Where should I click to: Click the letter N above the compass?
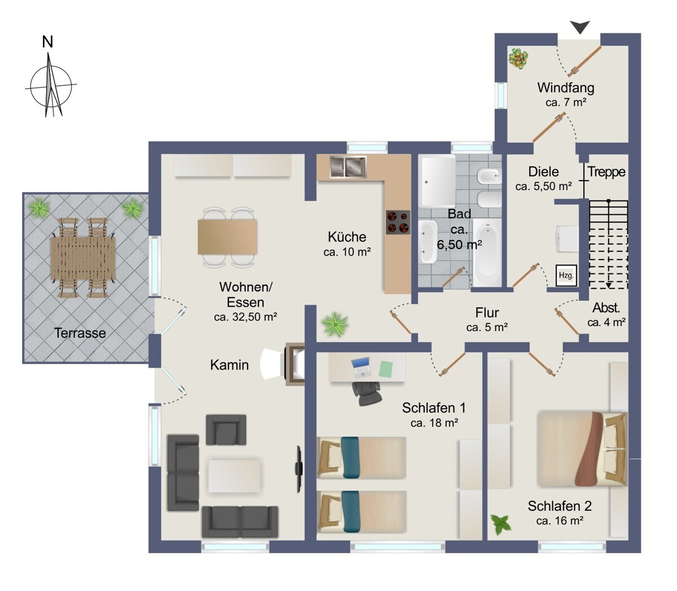point(47,42)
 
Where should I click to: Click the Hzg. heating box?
point(566,275)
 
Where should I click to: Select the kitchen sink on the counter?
point(348,167)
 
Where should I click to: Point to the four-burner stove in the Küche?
point(398,222)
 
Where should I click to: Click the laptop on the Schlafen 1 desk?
point(361,368)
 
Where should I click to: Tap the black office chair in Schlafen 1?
point(367,393)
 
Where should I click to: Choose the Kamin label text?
point(229,365)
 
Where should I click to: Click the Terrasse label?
point(80,333)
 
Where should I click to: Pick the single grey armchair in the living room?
point(226,430)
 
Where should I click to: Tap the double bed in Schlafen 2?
point(582,449)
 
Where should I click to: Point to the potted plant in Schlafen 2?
point(501,524)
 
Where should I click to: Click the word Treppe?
point(606,172)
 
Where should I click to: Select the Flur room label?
point(487,312)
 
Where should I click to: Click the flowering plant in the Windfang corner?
point(518,59)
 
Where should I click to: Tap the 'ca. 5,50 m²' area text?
point(544,186)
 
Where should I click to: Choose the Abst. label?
point(606,308)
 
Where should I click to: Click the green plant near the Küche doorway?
point(335,324)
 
